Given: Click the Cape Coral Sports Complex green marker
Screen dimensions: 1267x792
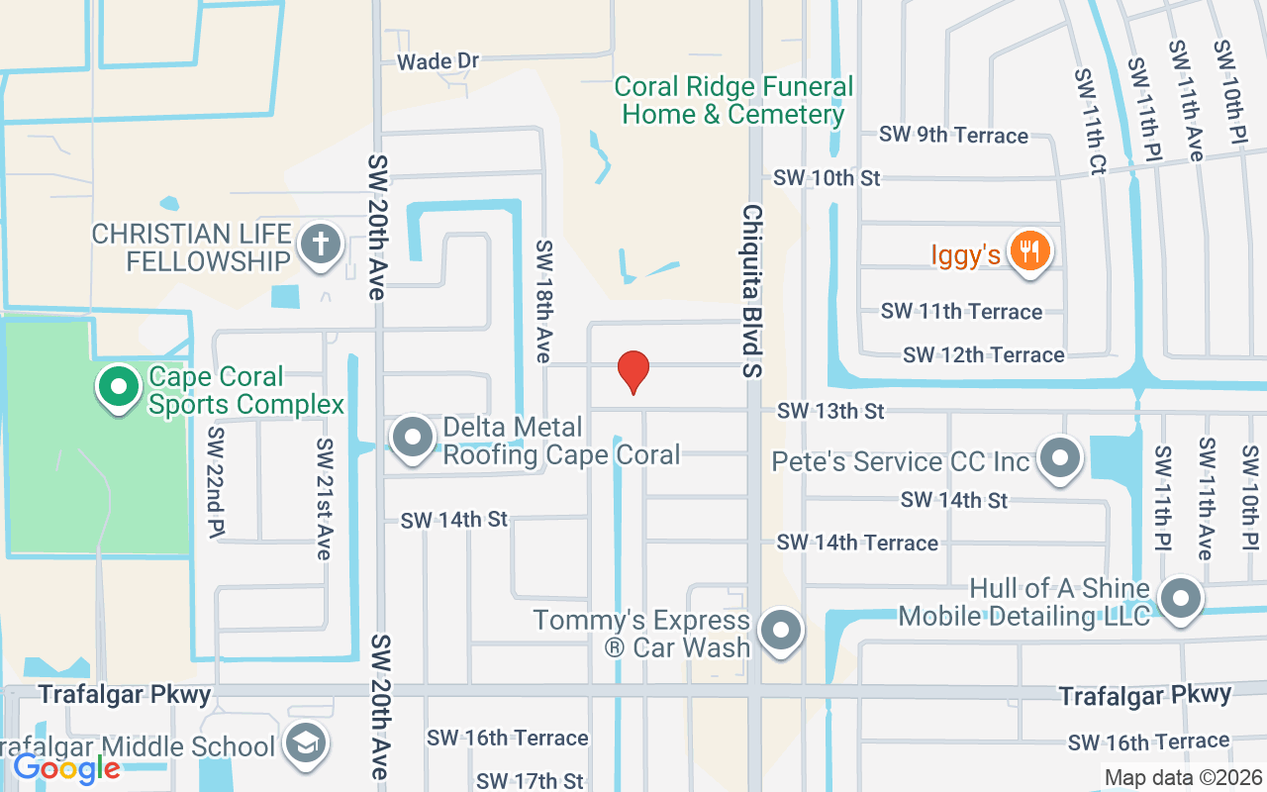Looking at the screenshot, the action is (119, 388).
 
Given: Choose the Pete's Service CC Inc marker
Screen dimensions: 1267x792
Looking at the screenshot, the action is (1060, 458).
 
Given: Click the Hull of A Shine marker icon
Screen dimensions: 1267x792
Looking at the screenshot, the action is (1180, 600).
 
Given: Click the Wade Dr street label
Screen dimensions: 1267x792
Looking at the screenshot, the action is (438, 61).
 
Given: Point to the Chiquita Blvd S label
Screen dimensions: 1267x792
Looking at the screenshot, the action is (753, 291).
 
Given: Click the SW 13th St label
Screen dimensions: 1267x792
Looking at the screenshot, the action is (829, 410).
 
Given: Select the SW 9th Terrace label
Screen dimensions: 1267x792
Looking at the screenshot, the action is (954, 135).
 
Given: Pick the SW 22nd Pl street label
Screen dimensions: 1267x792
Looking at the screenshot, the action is (215, 484).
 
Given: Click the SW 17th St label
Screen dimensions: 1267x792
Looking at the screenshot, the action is (530, 782).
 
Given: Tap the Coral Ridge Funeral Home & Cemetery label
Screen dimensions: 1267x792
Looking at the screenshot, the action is (732, 100).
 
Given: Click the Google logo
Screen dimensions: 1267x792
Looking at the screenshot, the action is (66, 767).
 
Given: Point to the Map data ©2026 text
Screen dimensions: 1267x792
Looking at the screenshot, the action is (1183, 777).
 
